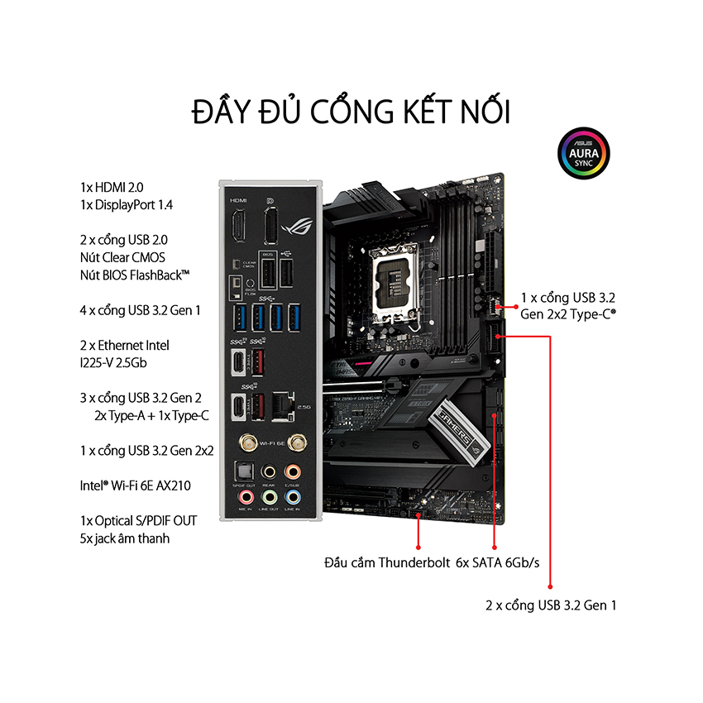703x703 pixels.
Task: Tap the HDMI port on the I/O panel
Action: coord(238,226)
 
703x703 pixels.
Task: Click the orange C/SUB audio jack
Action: coord(291,471)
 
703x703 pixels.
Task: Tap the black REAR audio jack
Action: coord(268,471)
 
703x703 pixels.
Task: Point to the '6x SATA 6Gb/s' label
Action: coord(497,564)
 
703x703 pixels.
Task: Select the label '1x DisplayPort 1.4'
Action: coord(127,205)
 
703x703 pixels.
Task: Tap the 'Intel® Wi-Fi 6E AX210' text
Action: coord(137,485)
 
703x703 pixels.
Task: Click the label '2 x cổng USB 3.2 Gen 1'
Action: coord(551,605)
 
